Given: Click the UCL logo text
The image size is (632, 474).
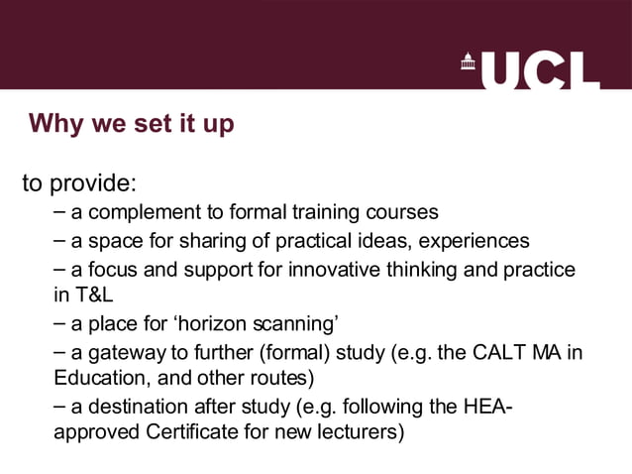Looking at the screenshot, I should tap(546, 69).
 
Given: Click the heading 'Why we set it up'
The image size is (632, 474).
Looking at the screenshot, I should tap(132, 124).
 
